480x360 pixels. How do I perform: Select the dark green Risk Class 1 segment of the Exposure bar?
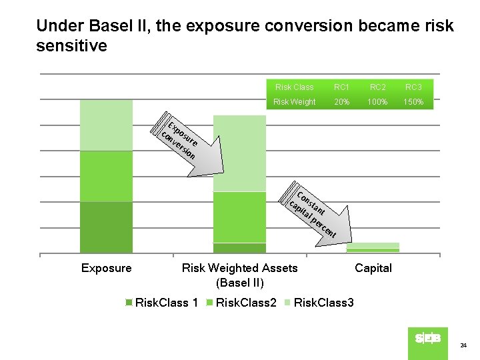tap(106, 227)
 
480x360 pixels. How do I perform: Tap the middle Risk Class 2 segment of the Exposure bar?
tap(106, 176)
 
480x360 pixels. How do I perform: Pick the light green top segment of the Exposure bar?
tap(106, 125)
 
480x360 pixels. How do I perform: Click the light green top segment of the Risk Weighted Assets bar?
tap(239, 153)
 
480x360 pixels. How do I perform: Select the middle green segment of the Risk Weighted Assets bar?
tap(239, 217)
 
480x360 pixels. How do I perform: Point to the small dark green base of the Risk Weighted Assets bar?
tap(239, 248)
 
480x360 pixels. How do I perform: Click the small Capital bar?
tap(373, 247)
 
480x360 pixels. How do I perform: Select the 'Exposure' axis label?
tap(106, 268)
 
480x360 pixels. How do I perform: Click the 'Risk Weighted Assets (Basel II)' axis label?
tap(239, 275)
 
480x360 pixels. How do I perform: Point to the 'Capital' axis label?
tap(373, 268)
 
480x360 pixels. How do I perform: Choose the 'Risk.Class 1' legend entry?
tap(162, 303)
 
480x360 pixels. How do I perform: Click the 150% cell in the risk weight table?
tap(413, 102)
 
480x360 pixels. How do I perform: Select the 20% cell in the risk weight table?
tap(342, 102)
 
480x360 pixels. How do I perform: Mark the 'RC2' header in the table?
tap(378, 87)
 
